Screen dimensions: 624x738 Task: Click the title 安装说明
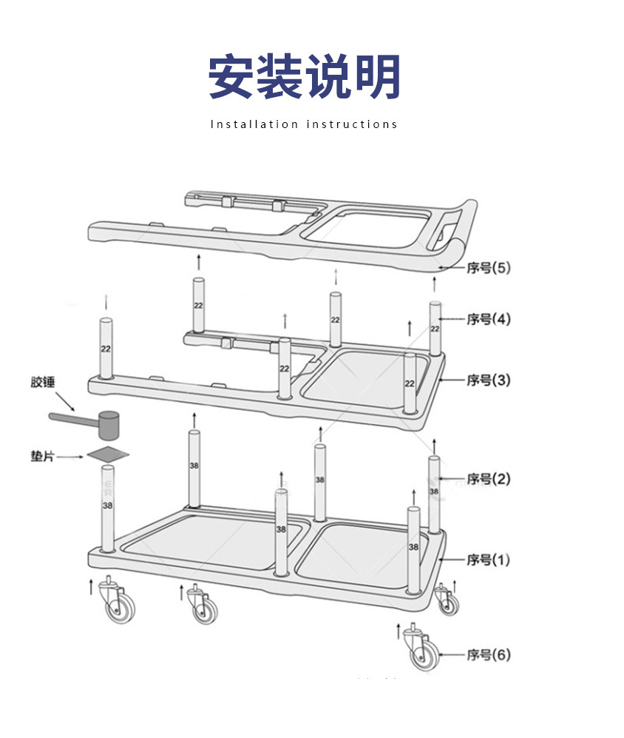tap(304, 77)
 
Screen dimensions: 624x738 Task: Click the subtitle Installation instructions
tap(304, 124)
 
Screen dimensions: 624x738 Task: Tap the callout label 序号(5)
tap(488, 268)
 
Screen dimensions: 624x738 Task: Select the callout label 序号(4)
tap(488, 320)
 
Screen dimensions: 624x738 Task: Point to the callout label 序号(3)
tap(488, 380)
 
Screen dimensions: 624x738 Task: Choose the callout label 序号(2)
tap(488, 479)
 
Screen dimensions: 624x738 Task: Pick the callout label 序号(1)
tap(488, 560)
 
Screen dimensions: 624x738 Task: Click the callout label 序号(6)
tap(488, 655)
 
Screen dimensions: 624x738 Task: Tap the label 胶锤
tap(43, 383)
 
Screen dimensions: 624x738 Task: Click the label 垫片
tap(42, 456)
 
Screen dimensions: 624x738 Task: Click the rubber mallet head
tap(109, 424)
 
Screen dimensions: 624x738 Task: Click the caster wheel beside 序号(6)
tap(424, 653)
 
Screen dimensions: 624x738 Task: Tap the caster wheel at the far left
tap(118, 605)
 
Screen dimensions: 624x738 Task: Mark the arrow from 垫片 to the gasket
tap(72, 457)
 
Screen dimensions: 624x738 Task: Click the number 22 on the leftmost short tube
tap(106, 349)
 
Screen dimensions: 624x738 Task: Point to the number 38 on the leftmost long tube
tap(108, 506)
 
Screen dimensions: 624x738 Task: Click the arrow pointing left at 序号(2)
tap(452, 478)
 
